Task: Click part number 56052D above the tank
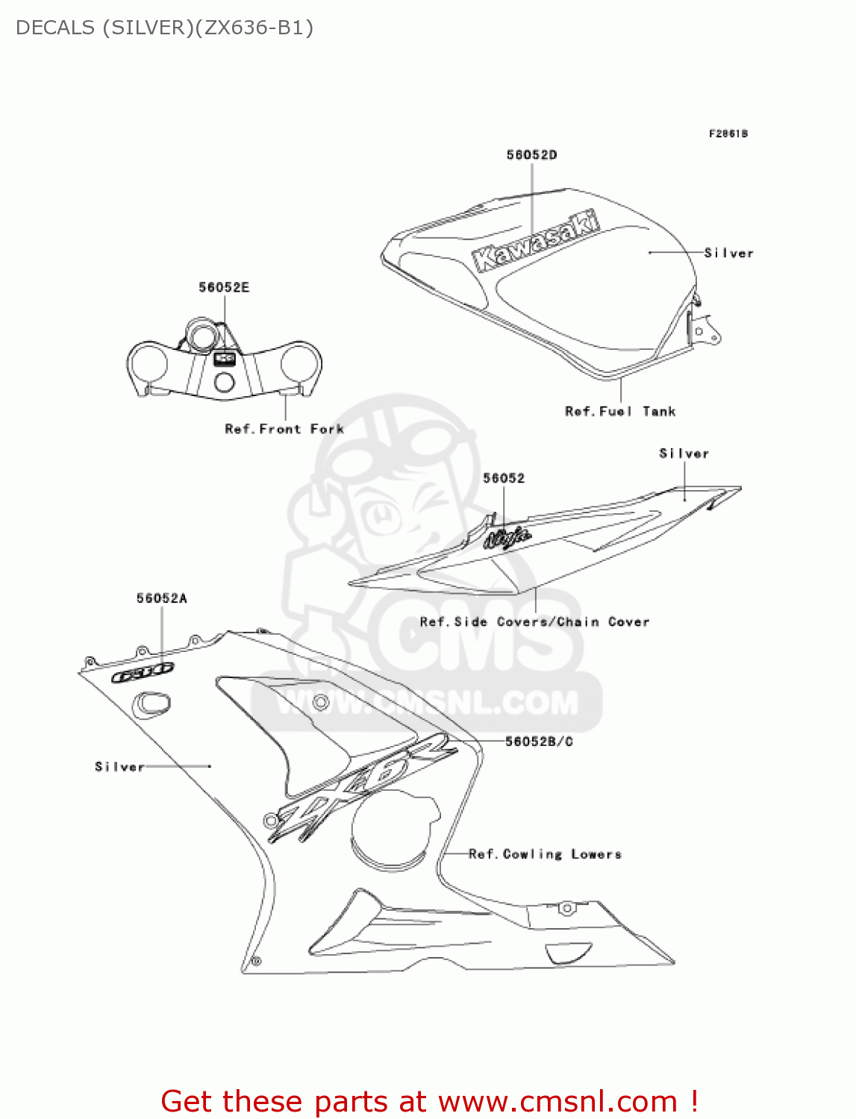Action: coord(531,155)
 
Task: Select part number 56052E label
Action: coord(224,287)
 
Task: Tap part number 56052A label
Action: coord(161,598)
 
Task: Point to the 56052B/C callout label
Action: coord(539,741)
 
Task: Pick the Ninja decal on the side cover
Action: coord(507,537)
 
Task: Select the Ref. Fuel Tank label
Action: coord(620,411)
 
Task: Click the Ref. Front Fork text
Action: coord(284,429)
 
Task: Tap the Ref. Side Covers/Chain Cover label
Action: coord(534,621)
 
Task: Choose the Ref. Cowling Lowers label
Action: coord(545,854)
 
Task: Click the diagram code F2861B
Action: coord(728,134)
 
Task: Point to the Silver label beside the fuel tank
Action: coord(729,253)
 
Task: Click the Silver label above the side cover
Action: coord(684,454)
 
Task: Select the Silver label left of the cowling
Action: coord(119,766)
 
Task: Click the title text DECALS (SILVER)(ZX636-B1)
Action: coord(164,28)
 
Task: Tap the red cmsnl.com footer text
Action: coord(429,1101)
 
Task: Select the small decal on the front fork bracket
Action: coord(225,359)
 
